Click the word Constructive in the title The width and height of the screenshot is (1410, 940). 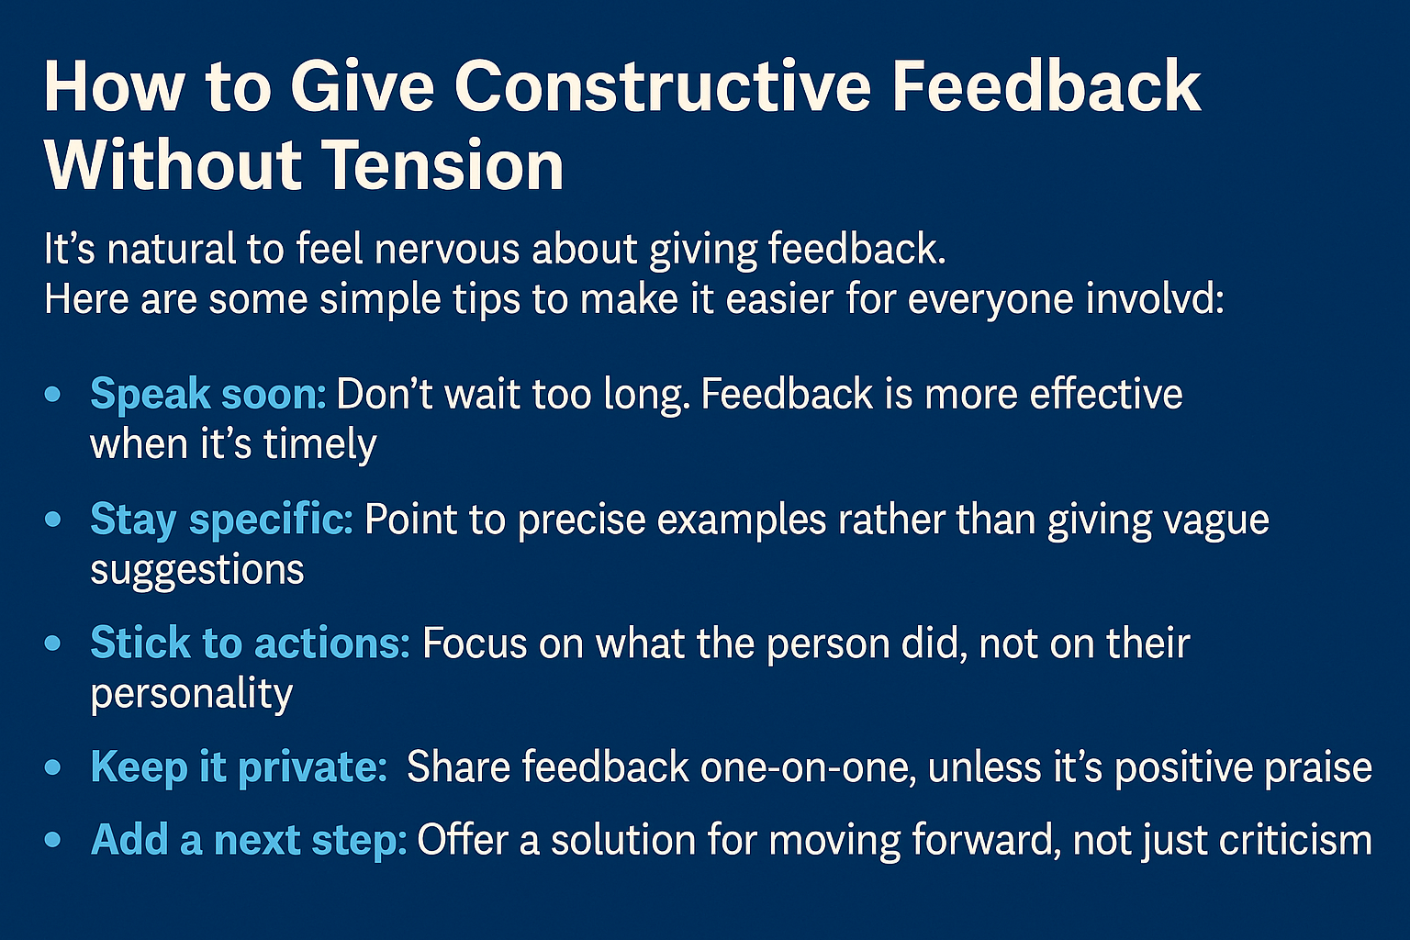coord(662,87)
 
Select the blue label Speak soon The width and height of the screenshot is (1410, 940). coord(207,395)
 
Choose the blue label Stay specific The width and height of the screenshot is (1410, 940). coord(220,520)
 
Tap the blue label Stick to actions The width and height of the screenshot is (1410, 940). coord(249,643)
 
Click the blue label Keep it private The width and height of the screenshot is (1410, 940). coord(239,767)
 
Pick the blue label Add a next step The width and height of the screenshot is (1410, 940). coord(248,840)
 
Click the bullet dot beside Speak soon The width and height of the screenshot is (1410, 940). coord(53,395)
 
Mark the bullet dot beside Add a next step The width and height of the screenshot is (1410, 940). coord(53,840)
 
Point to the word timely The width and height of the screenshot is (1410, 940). coord(319,445)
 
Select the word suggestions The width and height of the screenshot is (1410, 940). coord(196,570)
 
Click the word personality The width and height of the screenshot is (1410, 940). coord(191,694)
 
